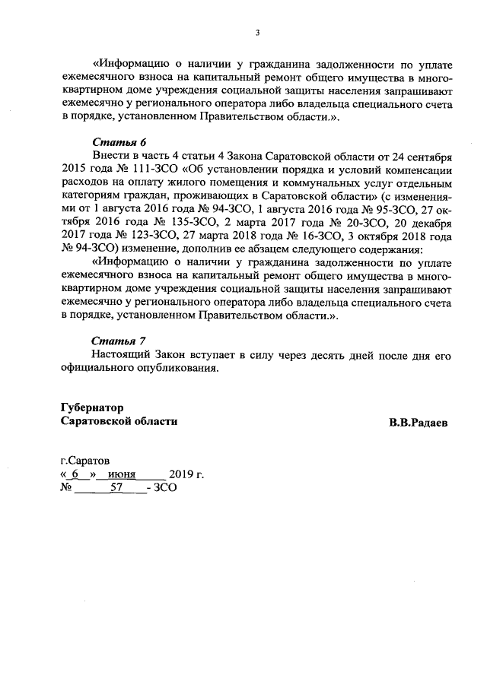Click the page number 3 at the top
(256, 33)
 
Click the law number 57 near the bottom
(117, 489)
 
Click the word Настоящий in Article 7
(122, 355)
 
